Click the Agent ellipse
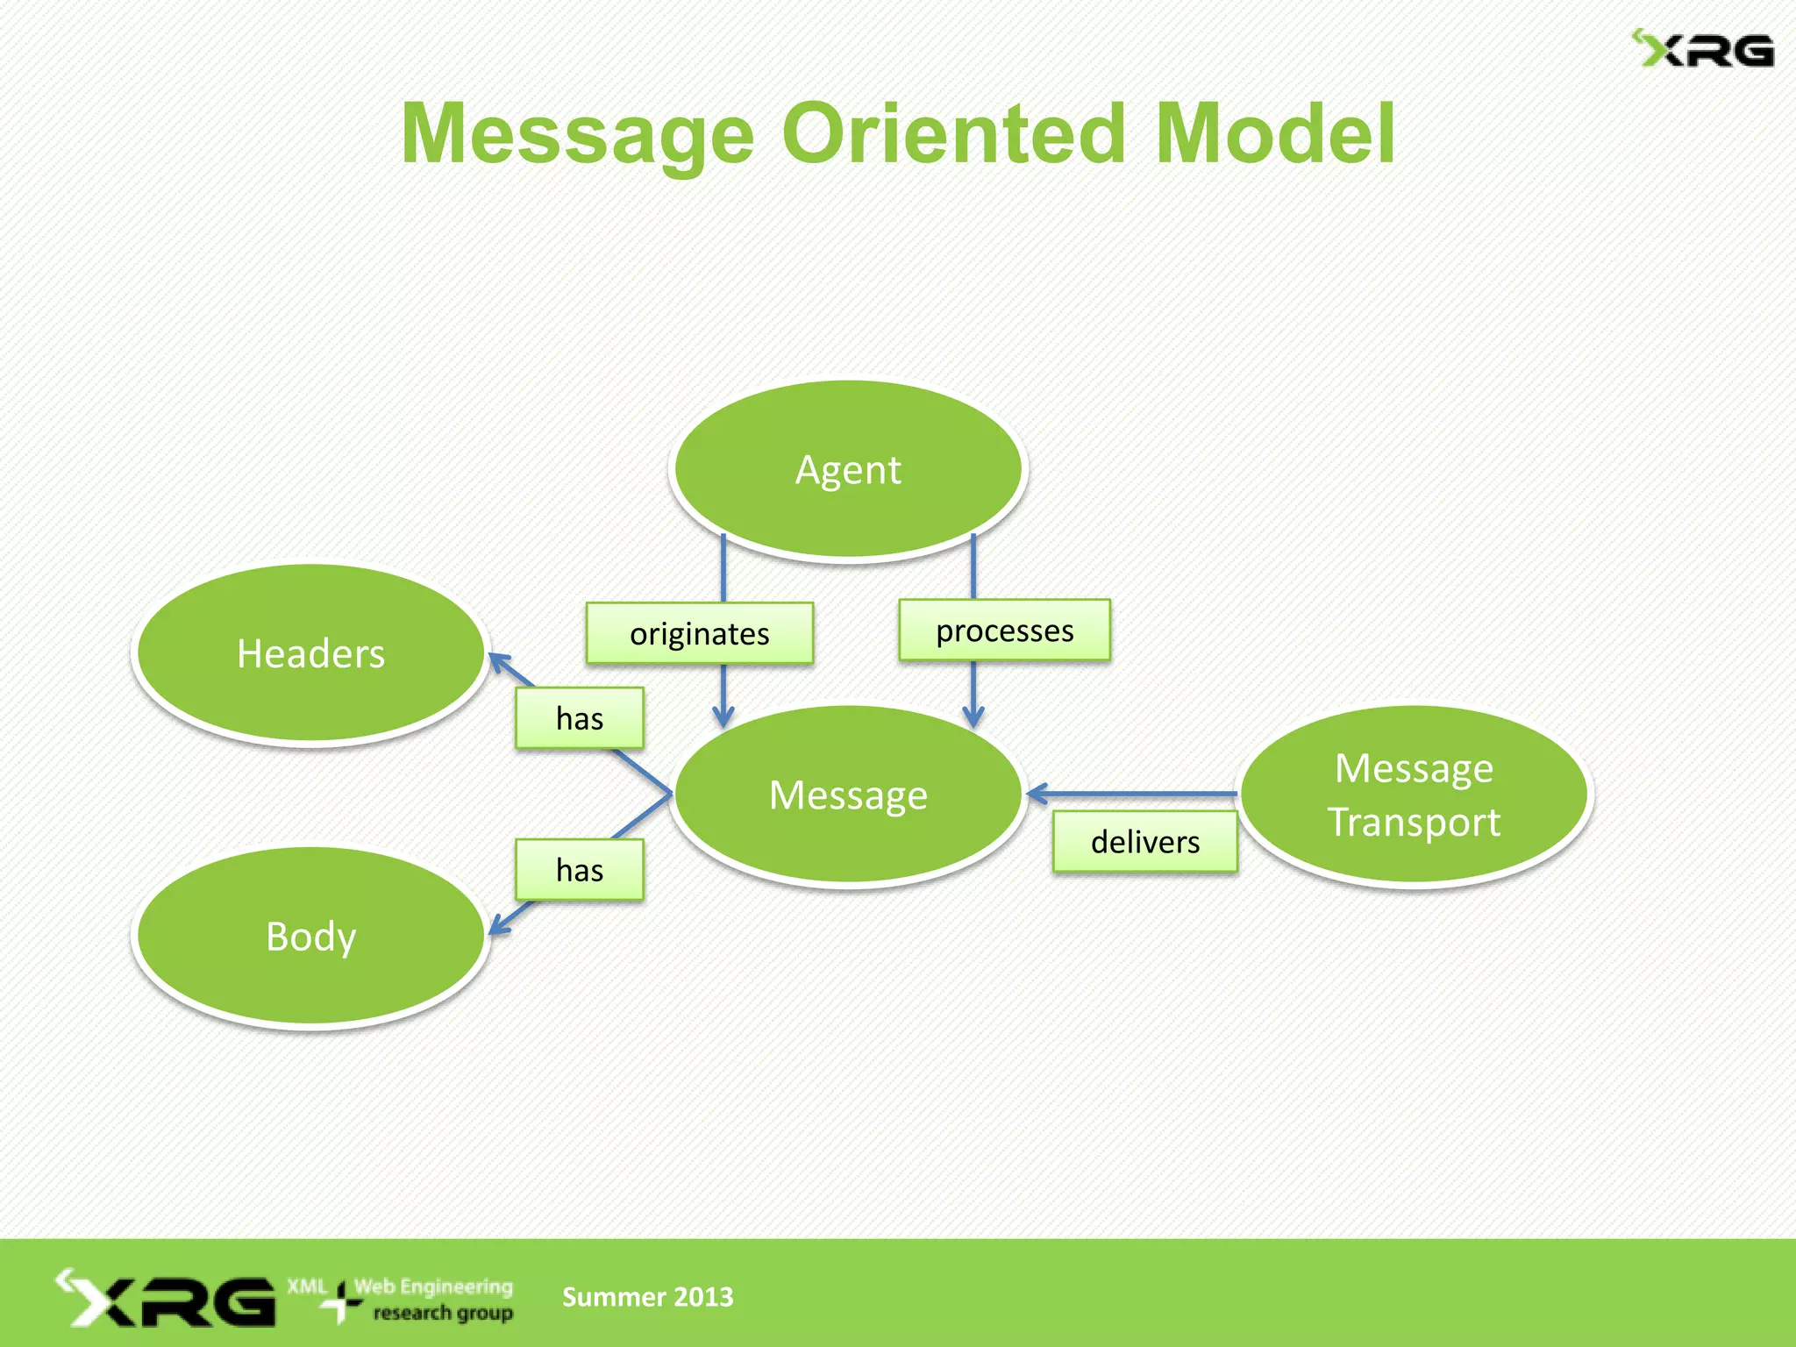click(x=848, y=469)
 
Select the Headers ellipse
click(x=310, y=653)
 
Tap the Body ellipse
click(x=310, y=936)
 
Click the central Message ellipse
click(x=848, y=795)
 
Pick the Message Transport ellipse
click(x=1414, y=795)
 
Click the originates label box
click(x=699, y=633)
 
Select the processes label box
click(x=1004, y=631)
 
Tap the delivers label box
click(x=1144, y=842)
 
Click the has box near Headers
click(x=580, y=718)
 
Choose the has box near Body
click(x=580, y=870)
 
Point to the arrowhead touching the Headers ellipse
click(x=498, y=661)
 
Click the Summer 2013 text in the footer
click(x=647, y=1296)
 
